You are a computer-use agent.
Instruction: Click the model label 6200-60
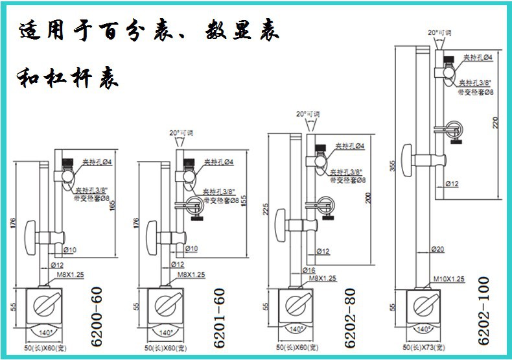pos(97,320)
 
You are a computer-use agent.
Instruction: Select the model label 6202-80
pos(350,320)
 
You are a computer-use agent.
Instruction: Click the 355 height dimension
pos(392,168)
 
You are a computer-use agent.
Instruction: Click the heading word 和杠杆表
pos(68,80)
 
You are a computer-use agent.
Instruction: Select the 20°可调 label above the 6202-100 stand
pos(439,31)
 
